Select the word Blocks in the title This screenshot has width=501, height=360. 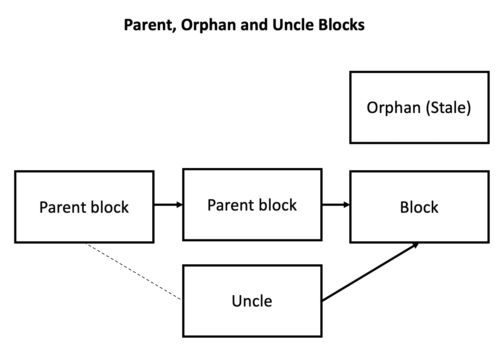point(341,25)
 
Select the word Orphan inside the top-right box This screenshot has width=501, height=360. point(394,108)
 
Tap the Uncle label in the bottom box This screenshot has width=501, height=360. point(252,301)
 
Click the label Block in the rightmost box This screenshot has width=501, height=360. point(419,207)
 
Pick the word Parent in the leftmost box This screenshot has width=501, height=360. point(63,207)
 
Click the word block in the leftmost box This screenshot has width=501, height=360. point(110,207)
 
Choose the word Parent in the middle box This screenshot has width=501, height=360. point(231,205)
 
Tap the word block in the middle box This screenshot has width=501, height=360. point(278,205)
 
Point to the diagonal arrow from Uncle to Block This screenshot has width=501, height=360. point(368,273)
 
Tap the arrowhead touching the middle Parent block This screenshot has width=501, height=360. point(180,205)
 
